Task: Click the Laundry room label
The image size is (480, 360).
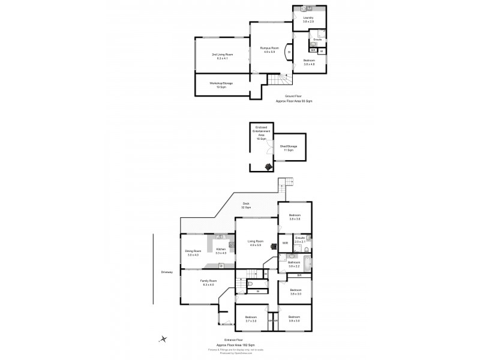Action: [x=309, y=20]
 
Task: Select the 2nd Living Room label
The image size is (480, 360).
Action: [x=221, y=56]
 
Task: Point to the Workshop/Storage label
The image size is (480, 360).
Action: [x=221, y=85]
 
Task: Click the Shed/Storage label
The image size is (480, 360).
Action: [x=289, y=148]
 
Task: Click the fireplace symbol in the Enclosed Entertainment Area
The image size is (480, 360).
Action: [x=268, y=166]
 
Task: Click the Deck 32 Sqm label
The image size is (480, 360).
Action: [x=246, y=205]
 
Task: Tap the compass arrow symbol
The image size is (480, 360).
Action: [x=163, y=340]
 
